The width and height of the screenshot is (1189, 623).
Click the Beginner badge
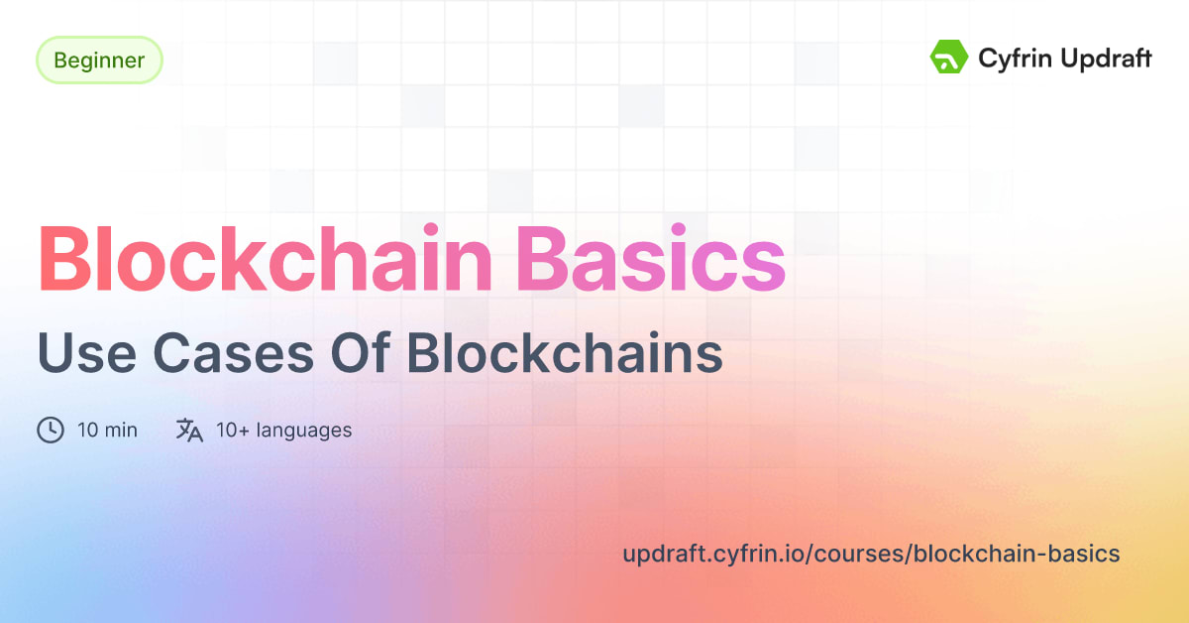click(x=99, y=61)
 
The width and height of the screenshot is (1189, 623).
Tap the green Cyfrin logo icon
click(x=948, y=58)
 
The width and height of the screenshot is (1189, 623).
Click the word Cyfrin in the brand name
click(x=1010, y=59)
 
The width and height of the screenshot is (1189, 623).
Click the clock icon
click(x=51, y=431)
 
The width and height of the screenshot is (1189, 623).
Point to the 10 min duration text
click(x=107, y=431)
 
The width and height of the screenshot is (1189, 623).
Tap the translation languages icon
click(x=189, y=431)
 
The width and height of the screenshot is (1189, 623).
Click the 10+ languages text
click(x=283, y=431)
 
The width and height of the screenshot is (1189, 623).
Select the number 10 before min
click(x=86, y=431)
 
